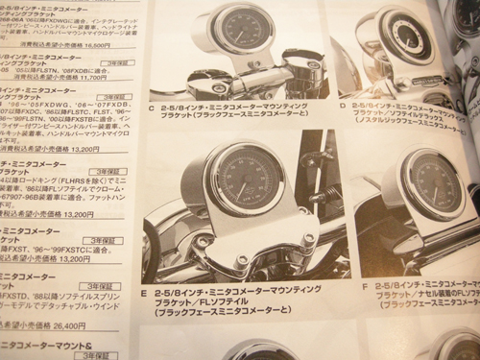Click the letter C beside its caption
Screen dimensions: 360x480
pos(154,108)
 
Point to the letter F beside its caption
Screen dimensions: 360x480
pos(366,285)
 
